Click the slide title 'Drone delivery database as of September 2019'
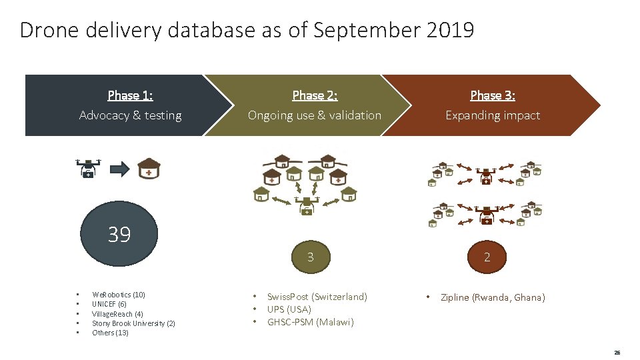(247, 30)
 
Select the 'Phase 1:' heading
(130, 95)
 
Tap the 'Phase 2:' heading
(315, 95)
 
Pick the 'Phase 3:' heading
(493, 95)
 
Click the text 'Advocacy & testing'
(130, 115)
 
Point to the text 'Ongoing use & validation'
(315, 115)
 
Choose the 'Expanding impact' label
(493, 115)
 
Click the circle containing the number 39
(119, 234)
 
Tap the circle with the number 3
(310, 257)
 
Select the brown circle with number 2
(487, 257)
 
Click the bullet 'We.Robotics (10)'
(119, 295)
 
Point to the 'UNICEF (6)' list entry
(109, 304)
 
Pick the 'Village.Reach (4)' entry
(117, 314)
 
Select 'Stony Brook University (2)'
(133, 323)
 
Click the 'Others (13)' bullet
(110, 333)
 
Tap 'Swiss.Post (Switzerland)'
(317, 297)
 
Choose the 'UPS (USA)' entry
(289, 309)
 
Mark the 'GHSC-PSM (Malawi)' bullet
(311, 322)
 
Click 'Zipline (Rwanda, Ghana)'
(493, 297)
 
